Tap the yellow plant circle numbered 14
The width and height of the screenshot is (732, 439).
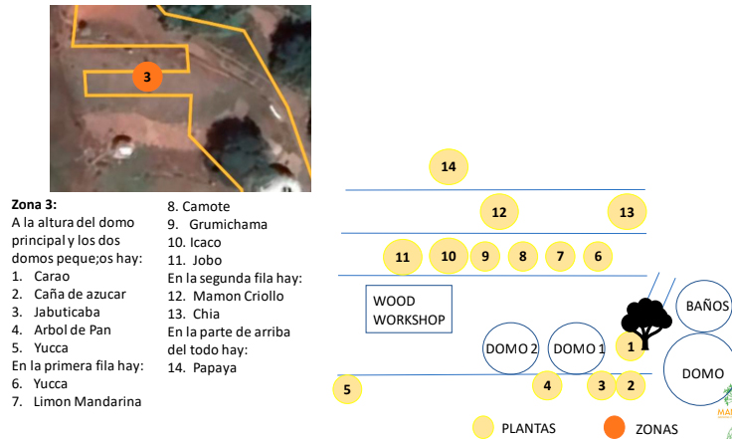click(x=449, y=167)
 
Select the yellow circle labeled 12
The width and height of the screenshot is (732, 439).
click(x=499, y=212)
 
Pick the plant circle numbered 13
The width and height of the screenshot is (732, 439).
click(x=627, y=212)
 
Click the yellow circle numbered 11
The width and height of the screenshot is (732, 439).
click(x=403, y=257)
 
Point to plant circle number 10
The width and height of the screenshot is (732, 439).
click(x=449, y=257)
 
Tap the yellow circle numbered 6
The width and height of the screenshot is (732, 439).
click(x=598, y=257)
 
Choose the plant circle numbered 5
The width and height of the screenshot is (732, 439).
click(x=346, y=389)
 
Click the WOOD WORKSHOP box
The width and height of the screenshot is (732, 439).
click(x=409, y=311)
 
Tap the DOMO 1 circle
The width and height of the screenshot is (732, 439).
click(x=578, y=348)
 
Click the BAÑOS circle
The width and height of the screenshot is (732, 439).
click(x=705, y=306)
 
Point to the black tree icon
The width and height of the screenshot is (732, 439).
click(x=647, y=322)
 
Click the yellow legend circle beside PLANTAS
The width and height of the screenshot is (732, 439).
click(x=483, y=428)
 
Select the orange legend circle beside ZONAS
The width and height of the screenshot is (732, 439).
click(x=616, y=428)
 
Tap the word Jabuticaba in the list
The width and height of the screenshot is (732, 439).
click(x=66, y=312)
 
